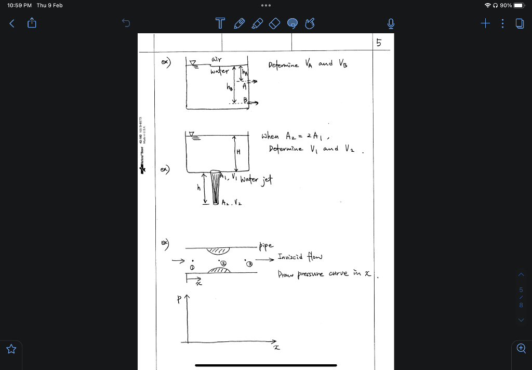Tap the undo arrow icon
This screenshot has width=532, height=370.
pos(125,22)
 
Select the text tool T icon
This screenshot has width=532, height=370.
pos(220,23)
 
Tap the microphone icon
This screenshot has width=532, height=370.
pos(391,23)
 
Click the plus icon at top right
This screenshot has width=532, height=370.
pos(485,23)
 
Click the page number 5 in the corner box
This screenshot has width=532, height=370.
pos(379,44)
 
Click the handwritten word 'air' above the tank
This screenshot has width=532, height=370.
pos(216,60)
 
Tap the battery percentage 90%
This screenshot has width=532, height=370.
pos(506,5)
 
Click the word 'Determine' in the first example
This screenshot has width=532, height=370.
pos(284,65)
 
